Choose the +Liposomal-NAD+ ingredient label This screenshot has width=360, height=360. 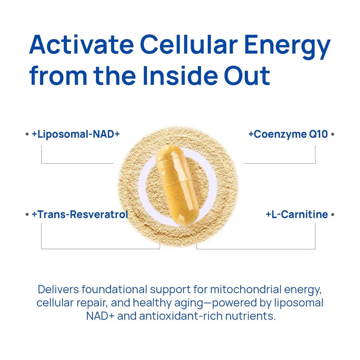(76, 134)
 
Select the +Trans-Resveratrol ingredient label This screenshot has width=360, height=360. (80, 215)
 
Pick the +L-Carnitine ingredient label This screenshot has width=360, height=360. (297, 215)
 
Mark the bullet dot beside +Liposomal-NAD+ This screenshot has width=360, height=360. (27, 134)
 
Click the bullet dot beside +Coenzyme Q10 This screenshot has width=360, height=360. (332, 134)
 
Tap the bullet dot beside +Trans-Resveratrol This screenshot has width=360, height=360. (27, 215)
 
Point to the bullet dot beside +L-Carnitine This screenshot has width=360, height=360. (332, 215)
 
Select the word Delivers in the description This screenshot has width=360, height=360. (58, 290)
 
